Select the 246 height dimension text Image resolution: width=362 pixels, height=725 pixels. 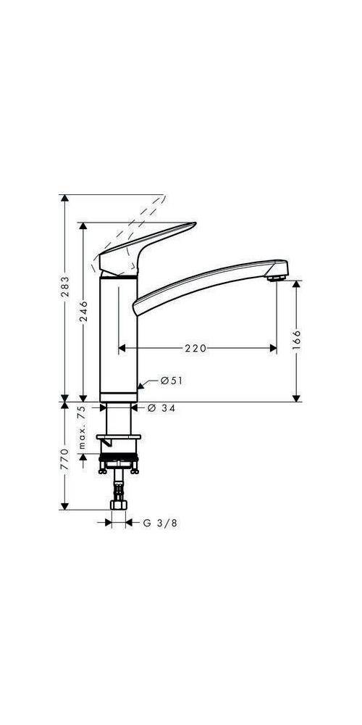click(84, 311)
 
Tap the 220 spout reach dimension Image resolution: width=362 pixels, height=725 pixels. click(195, 349)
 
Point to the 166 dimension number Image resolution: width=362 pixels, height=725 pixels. click(296, 339)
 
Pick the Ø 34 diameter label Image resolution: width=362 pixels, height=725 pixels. click(161, 409)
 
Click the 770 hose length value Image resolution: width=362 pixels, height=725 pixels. click(65, 460)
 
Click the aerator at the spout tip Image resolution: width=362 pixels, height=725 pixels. click(276, 278)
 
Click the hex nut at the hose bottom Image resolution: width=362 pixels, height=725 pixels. click(117, 505)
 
